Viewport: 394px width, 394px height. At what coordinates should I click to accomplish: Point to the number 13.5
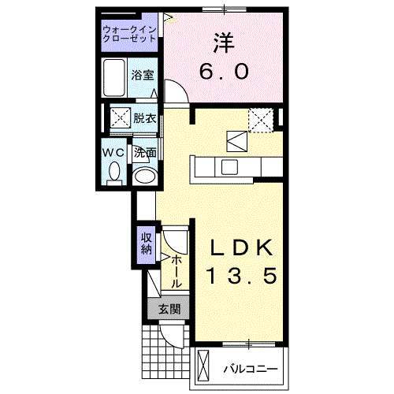coord(241,277)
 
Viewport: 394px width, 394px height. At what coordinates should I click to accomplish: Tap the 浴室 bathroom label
coord(143,76)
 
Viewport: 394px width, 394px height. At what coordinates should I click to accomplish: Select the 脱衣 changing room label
coord(144,119)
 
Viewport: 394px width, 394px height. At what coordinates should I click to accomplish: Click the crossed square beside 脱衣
coord(120,119)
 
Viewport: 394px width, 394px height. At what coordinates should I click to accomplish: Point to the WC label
coord(110,151)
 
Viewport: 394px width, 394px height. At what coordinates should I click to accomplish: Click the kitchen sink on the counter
coord(229,167)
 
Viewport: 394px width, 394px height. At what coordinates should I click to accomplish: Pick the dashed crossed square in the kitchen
coord(259,119)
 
